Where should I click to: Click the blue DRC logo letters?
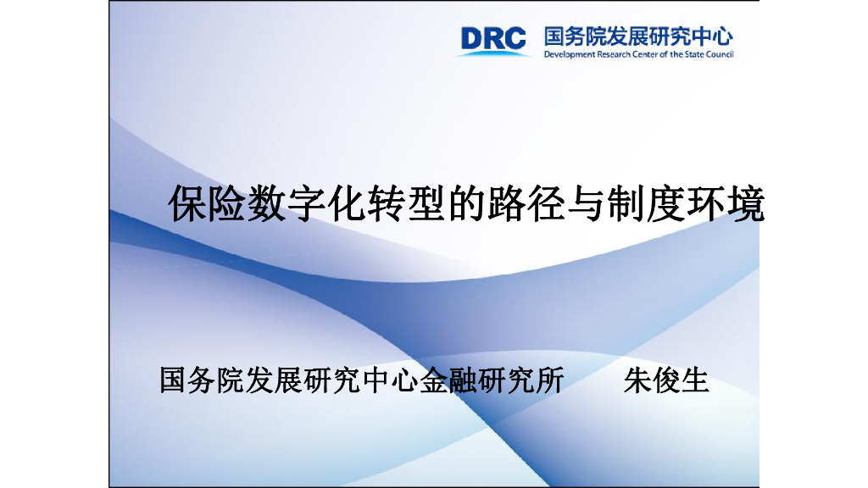tap(493, 38)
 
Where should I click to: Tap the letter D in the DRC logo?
tap(472, 38)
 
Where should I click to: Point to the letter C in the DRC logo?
tap(515, 38)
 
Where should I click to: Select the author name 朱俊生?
tap(666, 380)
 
